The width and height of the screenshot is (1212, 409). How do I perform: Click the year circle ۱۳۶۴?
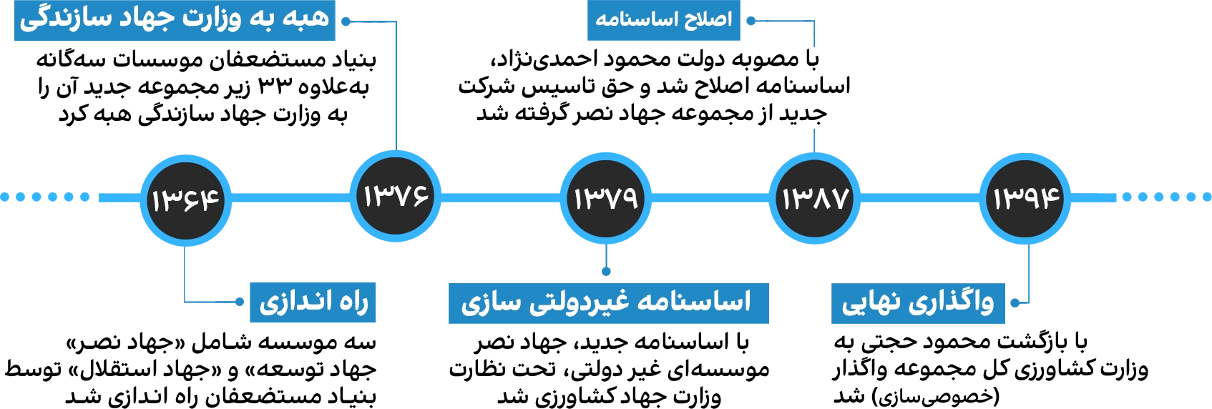tap(185, 199)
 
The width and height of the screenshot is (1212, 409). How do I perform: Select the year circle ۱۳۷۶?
tap(396, 195)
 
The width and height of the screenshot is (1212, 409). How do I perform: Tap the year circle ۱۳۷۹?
tap(606, 198)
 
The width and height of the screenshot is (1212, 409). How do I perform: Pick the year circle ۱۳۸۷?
tap(815, 198)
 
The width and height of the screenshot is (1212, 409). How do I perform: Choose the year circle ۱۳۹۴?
tap(1026, 198)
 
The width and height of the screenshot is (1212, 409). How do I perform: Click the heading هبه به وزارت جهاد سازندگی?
tap(175, 19)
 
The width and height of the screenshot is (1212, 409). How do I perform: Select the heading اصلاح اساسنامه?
tap(664, 19)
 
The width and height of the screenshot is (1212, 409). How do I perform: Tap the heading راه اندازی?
tap(313, 302)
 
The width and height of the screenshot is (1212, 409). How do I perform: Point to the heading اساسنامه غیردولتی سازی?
tap(608, 302)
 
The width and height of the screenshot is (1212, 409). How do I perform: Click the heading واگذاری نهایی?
tap(918, 302)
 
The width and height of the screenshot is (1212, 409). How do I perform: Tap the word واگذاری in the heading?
tap(952, 302)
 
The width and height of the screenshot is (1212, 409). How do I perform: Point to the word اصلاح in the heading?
tap(708, 19)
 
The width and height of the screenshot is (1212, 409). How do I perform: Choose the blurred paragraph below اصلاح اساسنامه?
tap(655, 88)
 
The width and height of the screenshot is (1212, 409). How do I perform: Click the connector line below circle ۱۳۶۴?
tap(186, 275)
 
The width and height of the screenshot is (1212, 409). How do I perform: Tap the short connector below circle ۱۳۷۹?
tap(606, 261)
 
